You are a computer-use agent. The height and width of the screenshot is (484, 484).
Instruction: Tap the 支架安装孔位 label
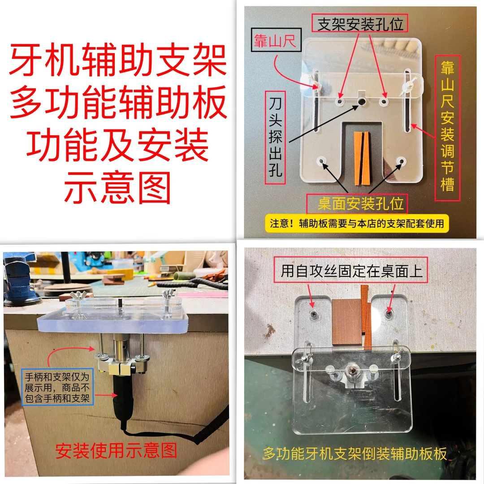tap(361, 24)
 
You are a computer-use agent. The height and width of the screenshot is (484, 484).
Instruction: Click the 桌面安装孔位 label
tap(361, 204)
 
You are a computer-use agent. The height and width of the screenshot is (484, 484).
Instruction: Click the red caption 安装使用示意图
tap(116, 450)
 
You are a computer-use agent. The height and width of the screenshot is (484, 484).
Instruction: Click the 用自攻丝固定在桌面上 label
tap(352, 271)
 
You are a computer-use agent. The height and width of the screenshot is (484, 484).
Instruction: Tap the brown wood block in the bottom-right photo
tap(347, 321)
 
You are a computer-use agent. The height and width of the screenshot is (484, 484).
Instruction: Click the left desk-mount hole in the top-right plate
tap(321, 162)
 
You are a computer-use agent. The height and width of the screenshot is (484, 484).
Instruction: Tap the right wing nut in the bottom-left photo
tap(168, 297)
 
